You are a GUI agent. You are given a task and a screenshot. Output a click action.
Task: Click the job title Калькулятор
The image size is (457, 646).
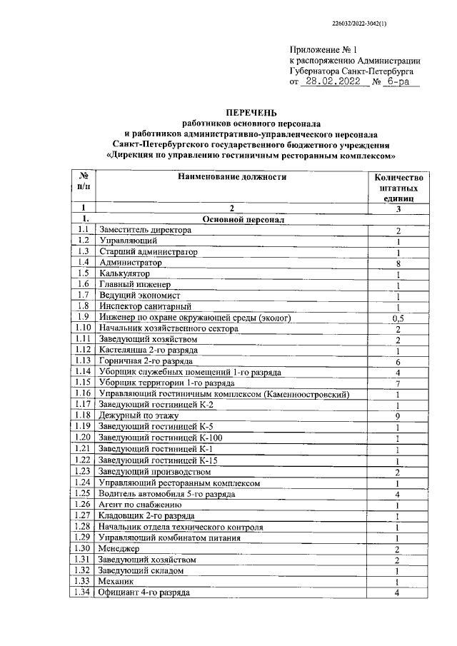126,273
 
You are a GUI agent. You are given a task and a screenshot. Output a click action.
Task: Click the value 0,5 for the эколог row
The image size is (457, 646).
398,318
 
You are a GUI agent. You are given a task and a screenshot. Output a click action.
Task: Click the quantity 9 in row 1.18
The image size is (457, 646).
398,415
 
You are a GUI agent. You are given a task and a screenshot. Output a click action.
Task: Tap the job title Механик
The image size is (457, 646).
119,581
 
